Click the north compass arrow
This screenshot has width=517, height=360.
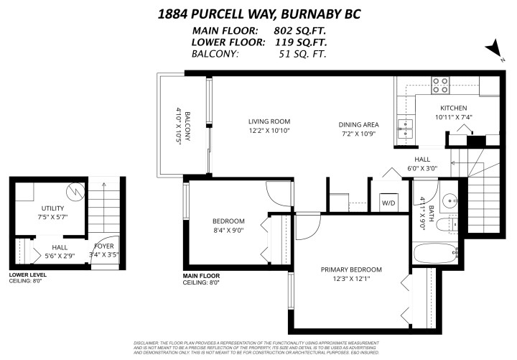(493, 48)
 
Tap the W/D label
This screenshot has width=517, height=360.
(388, 203)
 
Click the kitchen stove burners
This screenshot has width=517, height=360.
(440, 86)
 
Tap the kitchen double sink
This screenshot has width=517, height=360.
(406, 128)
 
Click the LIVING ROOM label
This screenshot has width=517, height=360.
(269, 121)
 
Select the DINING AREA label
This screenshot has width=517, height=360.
(359, 125)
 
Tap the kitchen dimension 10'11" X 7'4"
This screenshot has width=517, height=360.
(454, 116)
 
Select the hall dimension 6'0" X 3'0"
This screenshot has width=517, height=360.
(421, 168)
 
